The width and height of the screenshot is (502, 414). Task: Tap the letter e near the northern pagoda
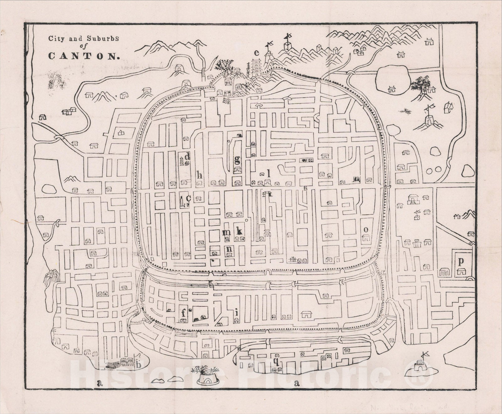click(257, 52)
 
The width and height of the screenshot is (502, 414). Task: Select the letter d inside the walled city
click(187, 156)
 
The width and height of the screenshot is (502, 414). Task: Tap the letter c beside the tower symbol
click(189, 198)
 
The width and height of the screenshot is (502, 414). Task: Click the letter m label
click(227, 232)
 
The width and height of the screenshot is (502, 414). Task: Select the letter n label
click(230, 249)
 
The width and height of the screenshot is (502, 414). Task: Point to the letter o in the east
click(366, 229)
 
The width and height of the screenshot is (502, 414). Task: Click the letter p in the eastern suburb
click(461, 261)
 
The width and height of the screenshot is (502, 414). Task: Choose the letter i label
click(236, 312)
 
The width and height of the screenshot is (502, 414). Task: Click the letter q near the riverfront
click(276, 361)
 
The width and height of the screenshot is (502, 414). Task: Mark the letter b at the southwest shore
click(139, 364)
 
